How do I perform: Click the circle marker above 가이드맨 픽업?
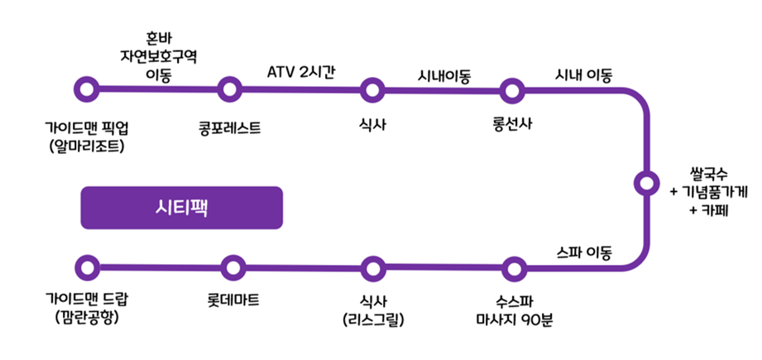pyautogui.click(x=86, y=88)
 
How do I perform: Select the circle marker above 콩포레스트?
pyautogui.click(x=230, y=88)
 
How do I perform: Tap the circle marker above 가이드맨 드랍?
pyautogui.click(x=86, y=267)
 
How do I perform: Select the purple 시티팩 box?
pyautogui.click(x=181, y=207)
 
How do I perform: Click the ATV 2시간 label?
pyautogui.click(x=301, y=71)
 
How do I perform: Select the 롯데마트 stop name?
pyautogui.click(x=234, y=298)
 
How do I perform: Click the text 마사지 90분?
pyautogui.click(x=514, y=318)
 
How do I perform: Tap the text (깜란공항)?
pyautogui.click(x=86, y=318)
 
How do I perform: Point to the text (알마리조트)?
pyautogui.click(x=86, y=146)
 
